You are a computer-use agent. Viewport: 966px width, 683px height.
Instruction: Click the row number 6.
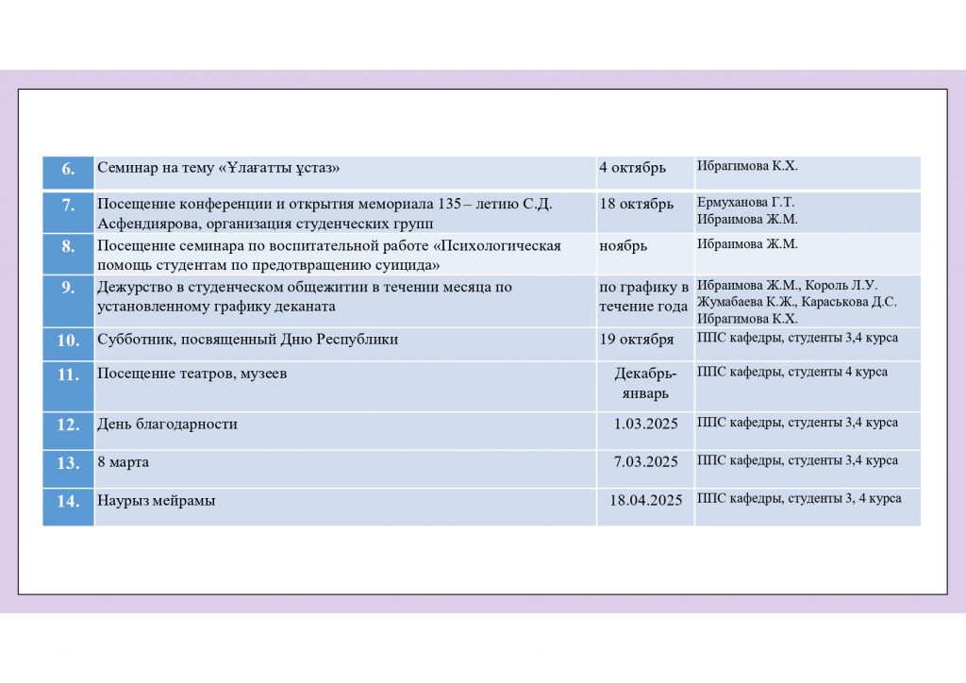68,169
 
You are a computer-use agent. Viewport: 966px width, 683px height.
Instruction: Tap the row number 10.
68,341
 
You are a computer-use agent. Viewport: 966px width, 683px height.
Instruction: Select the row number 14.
68,501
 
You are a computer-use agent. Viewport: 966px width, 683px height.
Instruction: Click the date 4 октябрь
632,168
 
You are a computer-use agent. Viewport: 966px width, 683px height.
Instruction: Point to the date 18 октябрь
636,205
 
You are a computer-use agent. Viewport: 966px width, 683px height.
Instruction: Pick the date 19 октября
636,340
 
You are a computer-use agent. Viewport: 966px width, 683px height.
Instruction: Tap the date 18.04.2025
645,500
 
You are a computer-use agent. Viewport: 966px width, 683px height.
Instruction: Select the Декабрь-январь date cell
645,383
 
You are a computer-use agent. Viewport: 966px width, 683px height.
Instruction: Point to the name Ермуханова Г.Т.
745,203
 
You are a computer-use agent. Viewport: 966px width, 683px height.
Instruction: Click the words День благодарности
167,425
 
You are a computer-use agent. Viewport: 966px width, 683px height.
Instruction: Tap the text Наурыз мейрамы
156,501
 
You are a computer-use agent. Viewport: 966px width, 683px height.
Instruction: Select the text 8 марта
123,462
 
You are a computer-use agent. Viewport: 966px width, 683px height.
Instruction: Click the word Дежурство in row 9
132,288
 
